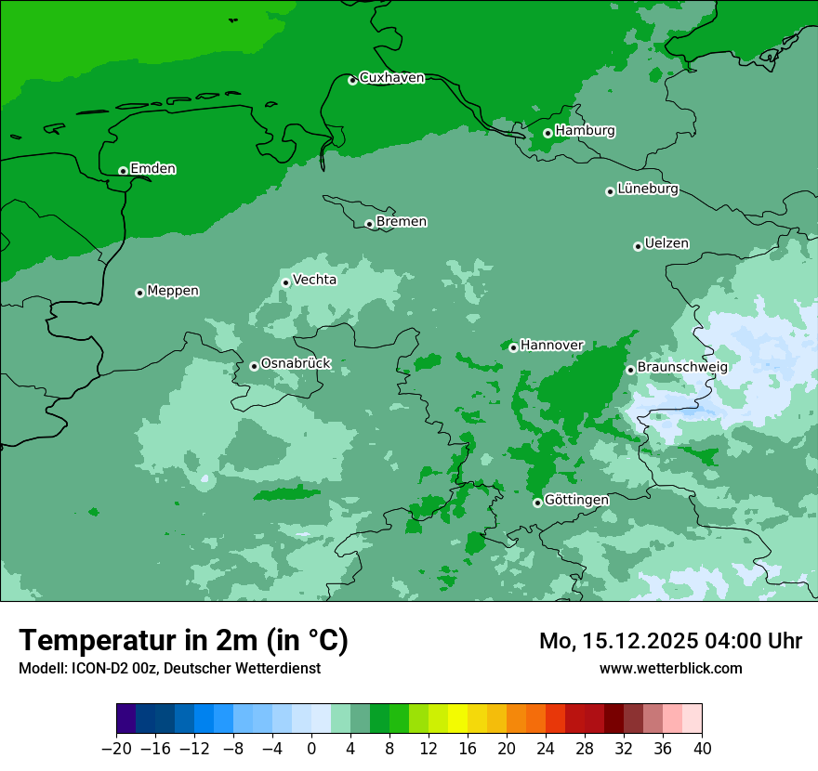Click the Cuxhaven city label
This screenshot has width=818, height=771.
click(x=391, y=78)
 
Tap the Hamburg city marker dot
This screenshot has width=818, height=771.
click(x=548, y=133)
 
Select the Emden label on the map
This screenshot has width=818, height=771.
click(x=152, y=169)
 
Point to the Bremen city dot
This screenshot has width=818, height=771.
click(x=369, y=224)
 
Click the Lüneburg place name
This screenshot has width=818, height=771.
click(x=648, y=189)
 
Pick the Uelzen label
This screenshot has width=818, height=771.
click(x=666, y=244)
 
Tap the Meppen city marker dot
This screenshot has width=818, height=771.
click(x=139, y=293)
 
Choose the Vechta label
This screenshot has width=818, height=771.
click(x=314, y=280)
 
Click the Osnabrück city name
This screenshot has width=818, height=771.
click(x=296, y=363)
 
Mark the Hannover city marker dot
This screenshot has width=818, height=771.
click(x=513, y=347)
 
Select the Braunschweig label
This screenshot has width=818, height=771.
click(x=682, y=367)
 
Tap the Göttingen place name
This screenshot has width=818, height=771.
click(x=576, y=500)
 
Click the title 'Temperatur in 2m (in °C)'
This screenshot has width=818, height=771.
click(x=183, y=641)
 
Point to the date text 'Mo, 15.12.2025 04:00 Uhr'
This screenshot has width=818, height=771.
click(x=670, y=641)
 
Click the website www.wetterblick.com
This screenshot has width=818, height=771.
click(x=670, y=668)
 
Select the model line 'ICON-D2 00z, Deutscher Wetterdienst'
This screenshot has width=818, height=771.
click(x=169, y=668)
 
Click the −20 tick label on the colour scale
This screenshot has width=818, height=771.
click(x=116, y=749)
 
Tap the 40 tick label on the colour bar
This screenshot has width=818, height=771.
click(x=702, y=749)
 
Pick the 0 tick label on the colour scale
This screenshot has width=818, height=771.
click(x=311, y=749)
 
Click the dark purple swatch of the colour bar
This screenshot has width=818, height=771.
click(x=126, y=719)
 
